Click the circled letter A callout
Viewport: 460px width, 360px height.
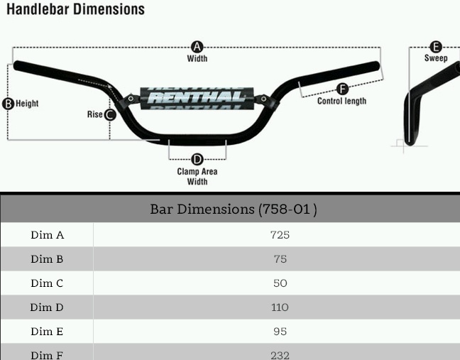197,47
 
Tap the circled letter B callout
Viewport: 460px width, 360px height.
9,104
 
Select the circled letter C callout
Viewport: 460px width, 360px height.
110,114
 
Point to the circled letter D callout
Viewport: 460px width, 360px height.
197,160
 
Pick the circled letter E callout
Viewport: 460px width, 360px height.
436,47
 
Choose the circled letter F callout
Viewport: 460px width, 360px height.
342,89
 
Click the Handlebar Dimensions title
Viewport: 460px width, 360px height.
75,9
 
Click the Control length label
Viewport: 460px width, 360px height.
342,102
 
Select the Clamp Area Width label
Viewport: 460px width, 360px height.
197,176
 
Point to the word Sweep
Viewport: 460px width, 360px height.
436,58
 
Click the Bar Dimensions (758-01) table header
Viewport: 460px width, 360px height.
233,209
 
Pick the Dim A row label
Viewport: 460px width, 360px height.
47,235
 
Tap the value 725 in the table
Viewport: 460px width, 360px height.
280,235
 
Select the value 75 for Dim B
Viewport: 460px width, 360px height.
280,259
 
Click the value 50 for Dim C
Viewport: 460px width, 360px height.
280,283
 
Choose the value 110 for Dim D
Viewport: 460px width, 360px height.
280,307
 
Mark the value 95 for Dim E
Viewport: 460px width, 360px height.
280,332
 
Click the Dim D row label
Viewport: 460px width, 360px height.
47,307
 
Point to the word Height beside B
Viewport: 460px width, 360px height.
27,104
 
